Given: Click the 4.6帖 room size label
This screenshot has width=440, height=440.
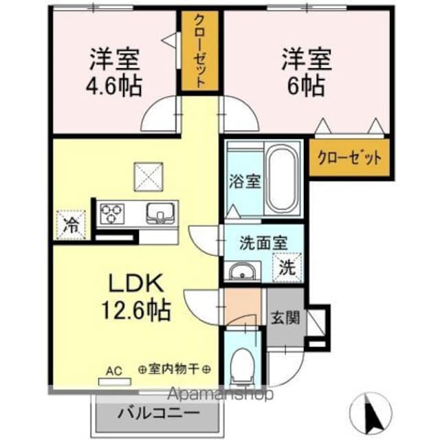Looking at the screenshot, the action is tap(113, 86).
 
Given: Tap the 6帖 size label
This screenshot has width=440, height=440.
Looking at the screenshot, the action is tap(306, 86).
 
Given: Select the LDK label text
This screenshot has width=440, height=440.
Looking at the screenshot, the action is tap(136, 283).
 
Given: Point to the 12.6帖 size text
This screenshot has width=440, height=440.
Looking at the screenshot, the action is tap(136, 311).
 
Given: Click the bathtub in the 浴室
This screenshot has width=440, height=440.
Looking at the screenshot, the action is tap(283, 178).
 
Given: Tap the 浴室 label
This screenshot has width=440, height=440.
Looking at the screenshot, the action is tap(245, 181).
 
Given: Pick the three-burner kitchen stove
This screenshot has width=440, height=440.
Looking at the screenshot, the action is tap(112, 214).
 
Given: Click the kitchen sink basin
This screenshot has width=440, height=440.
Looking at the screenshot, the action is tap(160, 213).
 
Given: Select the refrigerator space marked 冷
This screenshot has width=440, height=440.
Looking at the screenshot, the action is tap(71, 225).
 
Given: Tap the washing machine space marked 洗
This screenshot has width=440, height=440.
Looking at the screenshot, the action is tap(287, 267).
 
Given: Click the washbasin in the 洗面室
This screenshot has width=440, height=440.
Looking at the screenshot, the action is tap(243, 272).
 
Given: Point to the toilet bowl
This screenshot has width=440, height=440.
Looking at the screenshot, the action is tap(241, 365).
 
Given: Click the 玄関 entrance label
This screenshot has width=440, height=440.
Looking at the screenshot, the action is tap(285, 318).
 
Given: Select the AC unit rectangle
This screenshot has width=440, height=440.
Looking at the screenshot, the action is tap(115, 382).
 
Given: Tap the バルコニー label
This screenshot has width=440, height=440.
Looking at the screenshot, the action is tap(159, 412).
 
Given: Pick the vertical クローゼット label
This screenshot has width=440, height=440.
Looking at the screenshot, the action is tap(199, 51).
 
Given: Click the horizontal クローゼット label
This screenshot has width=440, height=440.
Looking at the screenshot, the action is tap(349, 158).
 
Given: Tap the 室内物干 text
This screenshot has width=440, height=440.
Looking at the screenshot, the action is tap(174, 369).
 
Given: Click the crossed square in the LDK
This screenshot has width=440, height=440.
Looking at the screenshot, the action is tap(148, 177).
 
